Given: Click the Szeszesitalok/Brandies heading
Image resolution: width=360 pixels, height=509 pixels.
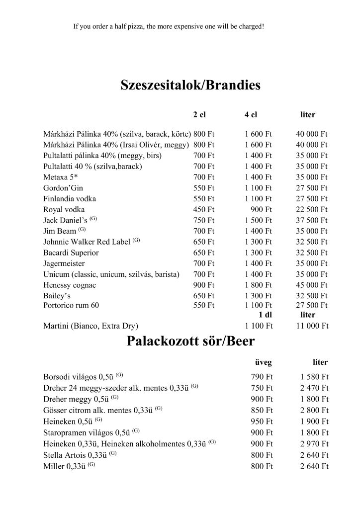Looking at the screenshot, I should [x=191, y=85].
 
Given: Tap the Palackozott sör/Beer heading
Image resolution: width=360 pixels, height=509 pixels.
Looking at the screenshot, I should [x=191, y=341].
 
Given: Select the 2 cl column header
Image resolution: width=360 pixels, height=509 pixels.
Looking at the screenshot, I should [x=199, y=115].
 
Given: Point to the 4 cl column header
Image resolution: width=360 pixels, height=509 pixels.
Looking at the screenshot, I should [x=251, y=115].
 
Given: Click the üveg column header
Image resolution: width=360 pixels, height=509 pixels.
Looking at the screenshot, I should [x=264, y=362].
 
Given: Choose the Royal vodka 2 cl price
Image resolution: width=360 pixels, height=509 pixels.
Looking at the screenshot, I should [x=204, y=209].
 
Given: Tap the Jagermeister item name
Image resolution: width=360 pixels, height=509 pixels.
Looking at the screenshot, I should [x=64, y=263].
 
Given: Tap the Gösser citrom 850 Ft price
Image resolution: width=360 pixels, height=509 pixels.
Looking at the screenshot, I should [x=263, y=411].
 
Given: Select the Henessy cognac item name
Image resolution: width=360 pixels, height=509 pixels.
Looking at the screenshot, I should [x=70, y=285].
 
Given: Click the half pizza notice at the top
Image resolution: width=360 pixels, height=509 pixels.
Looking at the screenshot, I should [x=168, y=26].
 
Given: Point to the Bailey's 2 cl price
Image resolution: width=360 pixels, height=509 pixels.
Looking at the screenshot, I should [x=204, y=296].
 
